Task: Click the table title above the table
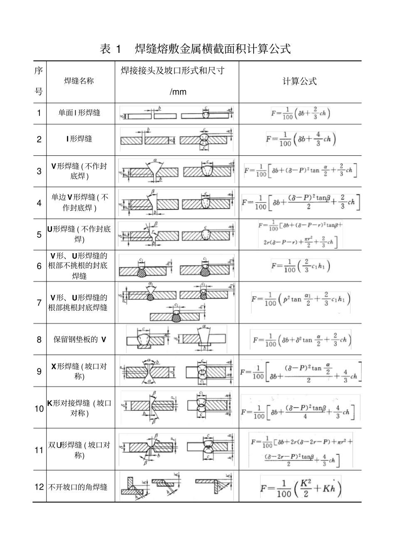click(x=195, y=49)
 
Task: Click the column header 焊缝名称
click(x=79, y=81)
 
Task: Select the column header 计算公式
click(x=299, y=81)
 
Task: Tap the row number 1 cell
click(x=39, y=113)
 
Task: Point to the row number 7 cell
click(x=39, y=303)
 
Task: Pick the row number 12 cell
click(x=39, y=487)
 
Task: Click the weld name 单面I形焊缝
click(x=79, y=113)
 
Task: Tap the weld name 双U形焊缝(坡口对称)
click(x=79, y=450)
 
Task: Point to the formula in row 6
click(x=301, y=266)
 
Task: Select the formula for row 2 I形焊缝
click(x=301, y=139)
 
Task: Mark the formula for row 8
click(x=301, y=340)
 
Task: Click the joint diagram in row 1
click(x=177, y=113)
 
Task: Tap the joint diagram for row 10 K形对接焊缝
click(x=177, y=407)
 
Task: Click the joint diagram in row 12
click(x=177, y=486)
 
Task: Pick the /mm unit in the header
click(x=178, y=92)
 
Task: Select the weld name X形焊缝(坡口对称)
click(x=79, y=371)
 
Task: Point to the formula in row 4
click(x=301, y=202)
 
